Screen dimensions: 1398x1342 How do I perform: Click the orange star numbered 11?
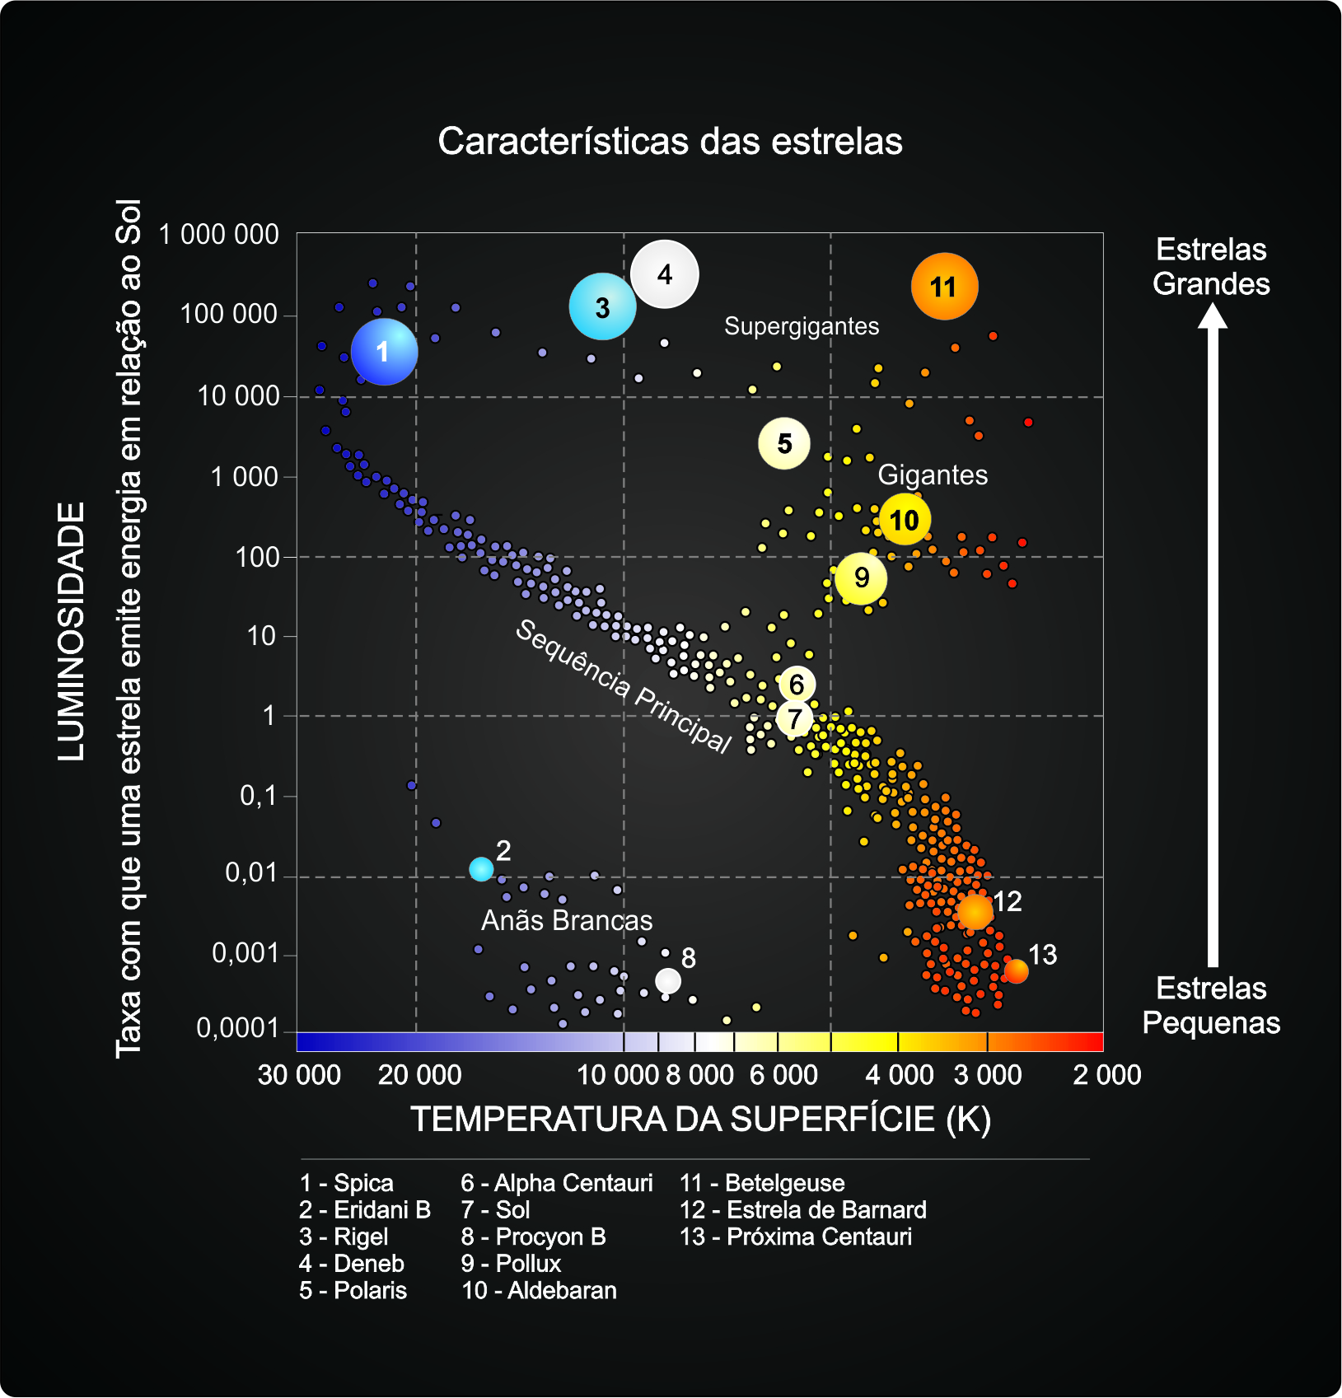pos(944,287)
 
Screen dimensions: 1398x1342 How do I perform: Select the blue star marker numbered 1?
pos(384,352)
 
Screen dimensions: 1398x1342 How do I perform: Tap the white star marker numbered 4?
pos(665,274)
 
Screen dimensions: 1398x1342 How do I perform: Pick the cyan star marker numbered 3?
pos(602,307)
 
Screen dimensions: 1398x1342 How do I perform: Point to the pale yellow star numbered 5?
pos(784,444)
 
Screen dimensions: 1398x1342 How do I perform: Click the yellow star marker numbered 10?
pos(905,520)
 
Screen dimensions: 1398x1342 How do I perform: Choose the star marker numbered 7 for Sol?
pos(795,719)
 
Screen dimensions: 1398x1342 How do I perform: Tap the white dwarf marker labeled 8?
pos(668,980)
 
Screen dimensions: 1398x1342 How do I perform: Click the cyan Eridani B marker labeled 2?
pos(481,868)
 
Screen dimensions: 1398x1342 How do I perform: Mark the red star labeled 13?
pos(1017,971)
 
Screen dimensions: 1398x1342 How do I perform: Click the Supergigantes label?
pos(802,326)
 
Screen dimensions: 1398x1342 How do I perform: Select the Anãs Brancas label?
pos(567,920)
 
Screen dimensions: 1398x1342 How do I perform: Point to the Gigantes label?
pos(933,475)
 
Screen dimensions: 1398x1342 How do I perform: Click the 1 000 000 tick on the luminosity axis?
pos(219,235)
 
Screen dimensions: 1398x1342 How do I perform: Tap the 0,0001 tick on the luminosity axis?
pos(237,1028)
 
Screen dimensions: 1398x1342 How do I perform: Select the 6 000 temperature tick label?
pos(783,1075)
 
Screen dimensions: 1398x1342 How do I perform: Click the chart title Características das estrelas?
pos(670,142)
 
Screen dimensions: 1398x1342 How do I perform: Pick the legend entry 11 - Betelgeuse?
pos(762,1183)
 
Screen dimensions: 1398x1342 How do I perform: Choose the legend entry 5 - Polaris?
pos(353,1290)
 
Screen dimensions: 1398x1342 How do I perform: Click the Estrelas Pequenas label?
pos(1211,1006)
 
